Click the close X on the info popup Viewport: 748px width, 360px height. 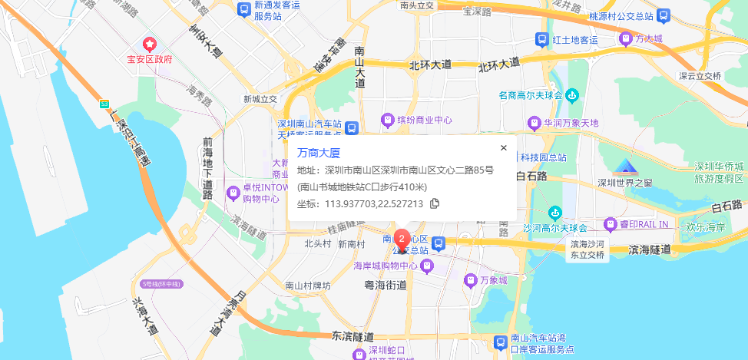(x=504, y=147)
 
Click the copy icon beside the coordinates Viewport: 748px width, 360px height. (x=435, y=203)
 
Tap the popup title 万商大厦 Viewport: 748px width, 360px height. (x=318, y=153)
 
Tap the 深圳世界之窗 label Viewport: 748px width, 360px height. (x=625, y=183)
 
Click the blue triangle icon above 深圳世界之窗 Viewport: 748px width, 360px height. (x=625, y=167)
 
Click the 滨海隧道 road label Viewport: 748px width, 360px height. (x=649, y=249)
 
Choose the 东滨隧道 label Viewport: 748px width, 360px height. (x=353, y=337)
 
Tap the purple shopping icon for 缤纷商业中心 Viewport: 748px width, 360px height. (x=389, y=120)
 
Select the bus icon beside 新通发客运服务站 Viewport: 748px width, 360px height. (x=243, y=11)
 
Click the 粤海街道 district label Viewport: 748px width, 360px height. (x=385, y=284)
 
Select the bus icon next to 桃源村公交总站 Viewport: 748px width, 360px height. (x=662, y=15)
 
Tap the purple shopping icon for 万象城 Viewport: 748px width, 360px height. (x=469, y=281)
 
